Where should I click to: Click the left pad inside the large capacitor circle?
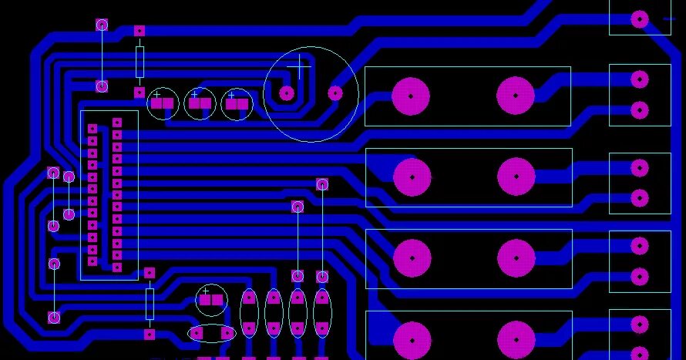point(287,93)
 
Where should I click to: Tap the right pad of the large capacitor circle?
point(335,93)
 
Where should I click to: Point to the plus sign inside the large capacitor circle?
point(300,66)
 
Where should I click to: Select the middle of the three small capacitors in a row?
point(200,103)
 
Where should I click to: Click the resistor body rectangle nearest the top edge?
point(140,61)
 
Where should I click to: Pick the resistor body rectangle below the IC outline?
point(150,304)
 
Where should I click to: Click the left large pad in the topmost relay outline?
point(411,96)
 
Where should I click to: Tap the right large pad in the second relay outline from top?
point(516,176)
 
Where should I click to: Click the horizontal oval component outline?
point(211,333)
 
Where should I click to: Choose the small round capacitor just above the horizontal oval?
point(210,299)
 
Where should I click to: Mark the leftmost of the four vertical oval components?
point(249,314)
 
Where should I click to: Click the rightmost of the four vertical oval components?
point(322,314)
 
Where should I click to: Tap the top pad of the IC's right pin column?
point(117,122)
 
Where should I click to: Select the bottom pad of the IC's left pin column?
point(92,261)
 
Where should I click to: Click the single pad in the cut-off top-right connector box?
point(639,19)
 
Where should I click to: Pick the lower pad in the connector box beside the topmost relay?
point(639,109)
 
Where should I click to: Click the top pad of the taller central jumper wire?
point(322,183)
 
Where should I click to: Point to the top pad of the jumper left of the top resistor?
point(102,25)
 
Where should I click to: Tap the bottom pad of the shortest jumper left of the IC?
point(69,214)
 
